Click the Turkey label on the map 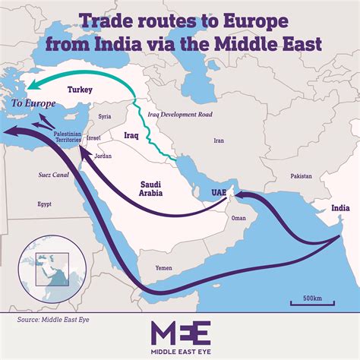80,90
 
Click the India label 340,206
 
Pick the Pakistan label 300,175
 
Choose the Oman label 238,218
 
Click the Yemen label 163,268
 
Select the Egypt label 44,204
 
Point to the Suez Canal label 34,175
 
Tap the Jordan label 103,156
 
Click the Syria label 105,116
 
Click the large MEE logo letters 179,334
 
